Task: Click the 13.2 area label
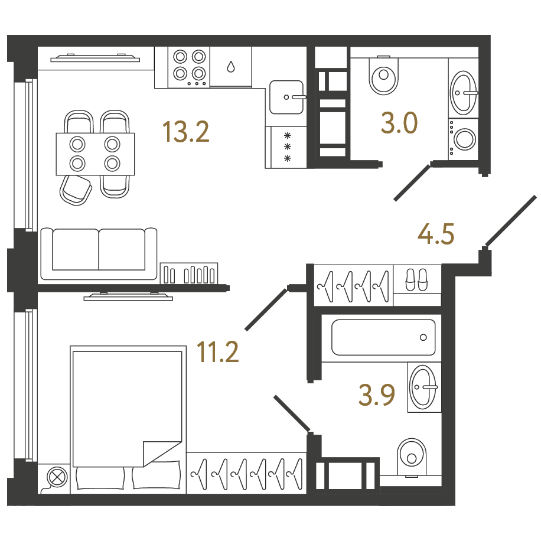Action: pos(185,132)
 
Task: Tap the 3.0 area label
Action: pos(399,123)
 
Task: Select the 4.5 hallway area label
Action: pos(436,234)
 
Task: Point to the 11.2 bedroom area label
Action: pos(217,351)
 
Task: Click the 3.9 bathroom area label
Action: pos(377,395)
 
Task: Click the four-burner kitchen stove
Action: pos(189,67)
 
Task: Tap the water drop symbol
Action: pos(231,66)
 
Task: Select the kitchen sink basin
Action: pos(286,97)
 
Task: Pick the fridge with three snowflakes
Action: pos(286,147)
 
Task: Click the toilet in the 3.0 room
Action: pos(383,75)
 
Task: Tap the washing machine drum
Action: pos(465,139)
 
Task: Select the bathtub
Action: pos(383,337)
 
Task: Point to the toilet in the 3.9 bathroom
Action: pos(411,457)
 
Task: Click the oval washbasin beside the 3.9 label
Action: pos(423,387)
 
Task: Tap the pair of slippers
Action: pos(416,279)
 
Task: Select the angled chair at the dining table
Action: pos(76,190)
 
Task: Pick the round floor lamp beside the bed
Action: pos(57,477)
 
